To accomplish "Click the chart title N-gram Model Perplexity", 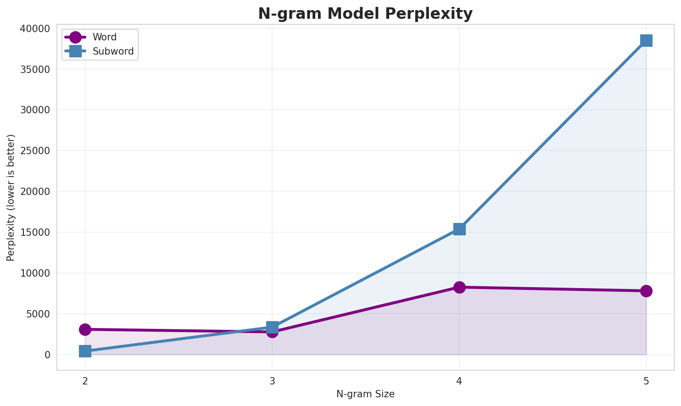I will coord(365,14).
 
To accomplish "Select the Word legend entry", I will coord(104,37).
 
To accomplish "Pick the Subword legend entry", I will coord(113,51).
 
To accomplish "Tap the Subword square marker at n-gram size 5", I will coord(646,40).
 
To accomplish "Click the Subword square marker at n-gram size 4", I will coord(459,229).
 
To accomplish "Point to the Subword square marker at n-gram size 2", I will coord(85,351).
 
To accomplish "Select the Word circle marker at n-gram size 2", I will coord(85,329).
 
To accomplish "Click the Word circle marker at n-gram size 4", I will coord(459,287).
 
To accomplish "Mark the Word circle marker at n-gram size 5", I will coord(646,291).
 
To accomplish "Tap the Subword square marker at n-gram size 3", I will coord(272,327).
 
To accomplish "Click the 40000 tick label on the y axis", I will coord(35,29).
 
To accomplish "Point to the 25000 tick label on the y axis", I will coord(35,151).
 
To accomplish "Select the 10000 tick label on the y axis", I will coord(35,273).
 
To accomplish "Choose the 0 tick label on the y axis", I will coord(47,355).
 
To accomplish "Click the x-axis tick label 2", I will coord(85,381).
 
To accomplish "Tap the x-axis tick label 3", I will coord(272,381).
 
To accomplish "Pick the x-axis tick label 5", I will coord(646,381).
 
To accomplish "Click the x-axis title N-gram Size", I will coord(365,394).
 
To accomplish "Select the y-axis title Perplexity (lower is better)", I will coord(11,198).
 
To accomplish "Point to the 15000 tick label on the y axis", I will coord(35,233).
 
